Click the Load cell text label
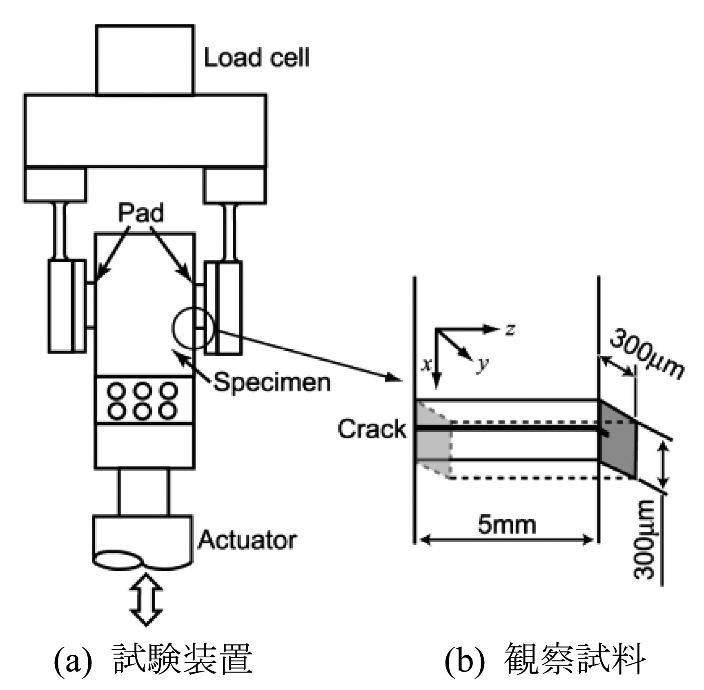pyautogui.click(x=256, y=57)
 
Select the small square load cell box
pyautogui.click(x=145, y=60)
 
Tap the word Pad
pyautogui.click(x=141, y=213)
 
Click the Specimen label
pyautogui.click(x=272, y=382)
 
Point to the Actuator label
pyautogui.click(x=247, y=540)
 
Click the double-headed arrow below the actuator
pyautogui.click(x=146, y=599)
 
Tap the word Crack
pyautogui.click(x=372, y=429)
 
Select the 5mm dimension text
pyautogui.click(x=507, y=525)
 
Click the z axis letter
pyautogui.click(x=509, y=329)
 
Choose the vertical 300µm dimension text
pyautogui.click(x=645, y=539)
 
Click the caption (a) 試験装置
pyautogui.click(x=154, y=658)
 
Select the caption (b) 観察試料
pyautogui.click(x=545, y=658)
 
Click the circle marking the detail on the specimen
pyautogui.click(x=192, y=329)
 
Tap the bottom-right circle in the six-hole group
pyautogui.click(x=168, y=410)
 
